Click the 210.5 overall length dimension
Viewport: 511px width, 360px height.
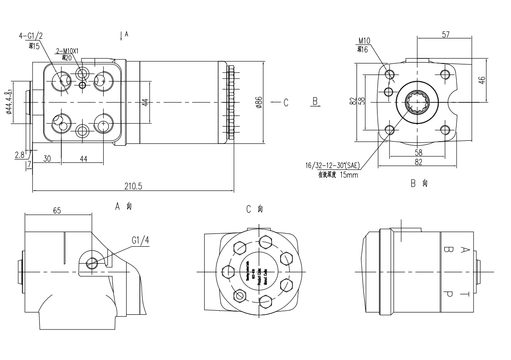pos(133,186)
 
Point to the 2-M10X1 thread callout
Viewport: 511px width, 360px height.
pos(67,51)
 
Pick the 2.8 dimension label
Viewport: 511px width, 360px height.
pos(19,155)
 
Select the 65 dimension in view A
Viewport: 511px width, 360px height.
pos(57,211)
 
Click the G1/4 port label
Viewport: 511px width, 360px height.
pos(140,240)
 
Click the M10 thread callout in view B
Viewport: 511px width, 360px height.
pos(364,41)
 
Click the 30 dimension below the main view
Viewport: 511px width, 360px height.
pos(47,159)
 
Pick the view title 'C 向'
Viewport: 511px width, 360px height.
pos(255,209)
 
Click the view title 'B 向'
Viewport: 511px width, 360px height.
pos(419,184)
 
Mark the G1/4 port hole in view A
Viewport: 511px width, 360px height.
pos(92,263)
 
